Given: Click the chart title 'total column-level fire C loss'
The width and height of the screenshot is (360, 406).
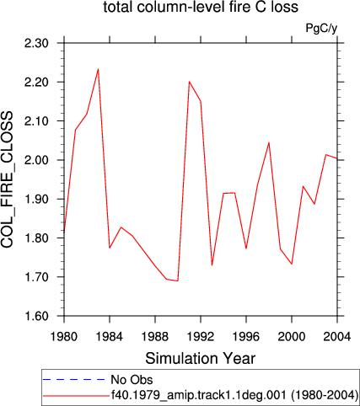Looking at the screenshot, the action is point(201,7).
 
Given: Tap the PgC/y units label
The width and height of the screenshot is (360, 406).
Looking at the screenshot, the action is point(321,29).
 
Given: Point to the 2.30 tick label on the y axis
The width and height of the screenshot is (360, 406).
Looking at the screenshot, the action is point(37,43).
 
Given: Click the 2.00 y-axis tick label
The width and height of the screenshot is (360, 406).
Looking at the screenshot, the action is point(37,160).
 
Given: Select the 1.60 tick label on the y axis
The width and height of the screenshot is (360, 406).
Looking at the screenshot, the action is point(37,316).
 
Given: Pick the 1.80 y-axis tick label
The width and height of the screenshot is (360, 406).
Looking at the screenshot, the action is point(37,238).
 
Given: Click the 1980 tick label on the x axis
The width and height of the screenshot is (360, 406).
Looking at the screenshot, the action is point(64,336).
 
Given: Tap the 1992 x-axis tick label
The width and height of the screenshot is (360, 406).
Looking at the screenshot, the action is point(201,336).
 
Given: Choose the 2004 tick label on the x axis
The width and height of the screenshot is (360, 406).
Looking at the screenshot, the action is point(337,336).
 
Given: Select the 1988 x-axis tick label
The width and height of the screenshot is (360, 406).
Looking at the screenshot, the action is point(155,336).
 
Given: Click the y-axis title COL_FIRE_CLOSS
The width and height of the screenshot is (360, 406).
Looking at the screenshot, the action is point(7,179).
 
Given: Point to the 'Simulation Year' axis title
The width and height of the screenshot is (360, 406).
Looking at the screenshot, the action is point(201,359).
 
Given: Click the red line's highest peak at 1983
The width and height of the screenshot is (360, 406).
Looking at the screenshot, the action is point(98,69).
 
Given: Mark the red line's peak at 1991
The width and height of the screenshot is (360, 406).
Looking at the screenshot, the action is point(189,82).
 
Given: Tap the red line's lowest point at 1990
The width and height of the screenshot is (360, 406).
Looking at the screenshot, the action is point(178,280).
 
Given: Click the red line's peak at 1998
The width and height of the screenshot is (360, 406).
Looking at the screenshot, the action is point(269,142).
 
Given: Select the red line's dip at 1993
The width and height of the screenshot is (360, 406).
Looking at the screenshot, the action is point(212,265).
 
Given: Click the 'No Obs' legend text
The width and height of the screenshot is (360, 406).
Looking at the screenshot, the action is point(132,380).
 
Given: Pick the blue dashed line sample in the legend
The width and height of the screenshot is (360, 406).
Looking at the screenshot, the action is point(74,380).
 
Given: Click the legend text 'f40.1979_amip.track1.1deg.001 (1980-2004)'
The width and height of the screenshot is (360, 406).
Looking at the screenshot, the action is point(234,395).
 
